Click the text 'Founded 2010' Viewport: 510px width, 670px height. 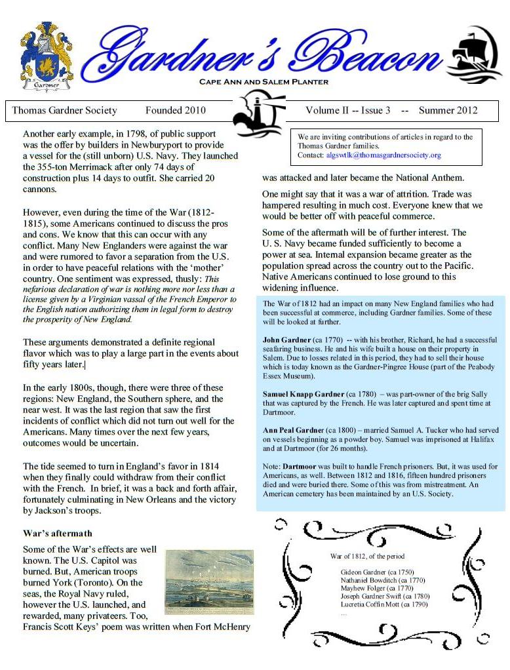pos(175,110)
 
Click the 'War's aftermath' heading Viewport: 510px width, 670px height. pos(58,533)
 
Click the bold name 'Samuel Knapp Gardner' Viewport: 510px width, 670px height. pos(304,394)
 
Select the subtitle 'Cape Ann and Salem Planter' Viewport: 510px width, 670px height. pos(264,82)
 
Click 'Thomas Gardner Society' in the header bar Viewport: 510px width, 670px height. pos(64,110)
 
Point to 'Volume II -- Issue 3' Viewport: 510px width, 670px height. pos(347,110)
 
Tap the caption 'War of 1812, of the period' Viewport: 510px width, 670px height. pos(367,556)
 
